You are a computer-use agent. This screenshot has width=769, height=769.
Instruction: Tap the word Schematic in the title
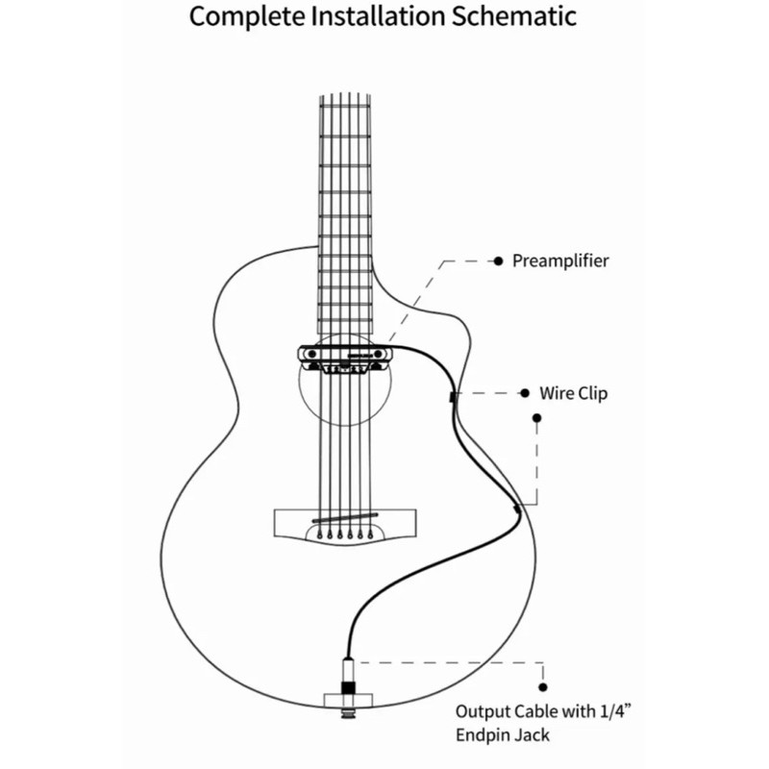coord(520,17)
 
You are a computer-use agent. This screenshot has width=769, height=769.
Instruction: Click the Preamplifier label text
coord(560,260)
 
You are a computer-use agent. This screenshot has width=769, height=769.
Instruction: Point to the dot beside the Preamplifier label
coord(498,260)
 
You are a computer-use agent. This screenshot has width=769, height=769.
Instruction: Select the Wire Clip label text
coord(573,393)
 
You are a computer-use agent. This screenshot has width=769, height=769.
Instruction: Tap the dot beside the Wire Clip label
coord(525,393)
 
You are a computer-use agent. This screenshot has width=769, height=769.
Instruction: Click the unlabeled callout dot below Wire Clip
coord(536,418)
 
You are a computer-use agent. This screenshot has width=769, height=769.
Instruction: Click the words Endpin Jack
coord(504,735)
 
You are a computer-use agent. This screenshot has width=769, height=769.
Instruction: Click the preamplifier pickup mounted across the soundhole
coord(347,357)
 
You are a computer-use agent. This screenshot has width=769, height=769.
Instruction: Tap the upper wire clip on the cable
coord(451,395)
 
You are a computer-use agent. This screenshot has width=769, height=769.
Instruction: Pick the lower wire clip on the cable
coord(516,508)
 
